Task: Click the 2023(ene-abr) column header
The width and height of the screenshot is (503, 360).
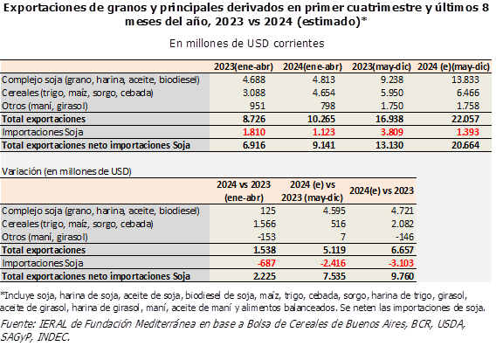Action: tap(244, 66)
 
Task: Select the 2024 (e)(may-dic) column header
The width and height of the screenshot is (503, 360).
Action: tap(453, 66)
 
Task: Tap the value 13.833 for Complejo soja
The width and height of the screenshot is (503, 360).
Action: tap(465, 80)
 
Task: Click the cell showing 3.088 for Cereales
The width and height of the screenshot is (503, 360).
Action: tap(254, 93)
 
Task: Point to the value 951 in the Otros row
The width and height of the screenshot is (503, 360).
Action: tap(258, 106)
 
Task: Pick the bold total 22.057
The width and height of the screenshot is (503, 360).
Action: tap(465, 119)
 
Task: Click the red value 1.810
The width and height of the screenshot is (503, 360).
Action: tap(254, 132)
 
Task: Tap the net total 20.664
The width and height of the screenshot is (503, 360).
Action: tap(465, 145)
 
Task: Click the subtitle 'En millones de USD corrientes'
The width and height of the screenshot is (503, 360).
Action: tap(246, 44)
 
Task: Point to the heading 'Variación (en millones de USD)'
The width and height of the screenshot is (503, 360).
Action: tap(66, 171)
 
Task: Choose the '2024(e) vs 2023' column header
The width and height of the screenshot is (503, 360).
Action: tap(382, 190)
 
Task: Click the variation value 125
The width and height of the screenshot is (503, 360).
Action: tap(268, 211)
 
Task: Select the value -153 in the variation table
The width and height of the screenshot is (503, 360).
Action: tap(266, 237)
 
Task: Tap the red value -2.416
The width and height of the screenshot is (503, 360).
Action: tap(333, 263)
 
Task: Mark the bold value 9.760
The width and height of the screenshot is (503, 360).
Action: tap(403, 276)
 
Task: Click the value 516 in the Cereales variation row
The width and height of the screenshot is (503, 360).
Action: tap(338, 224)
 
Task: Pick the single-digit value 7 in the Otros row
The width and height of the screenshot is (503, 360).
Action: tap(343, 237)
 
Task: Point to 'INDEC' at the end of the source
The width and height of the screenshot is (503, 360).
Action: tap(53, 337)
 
